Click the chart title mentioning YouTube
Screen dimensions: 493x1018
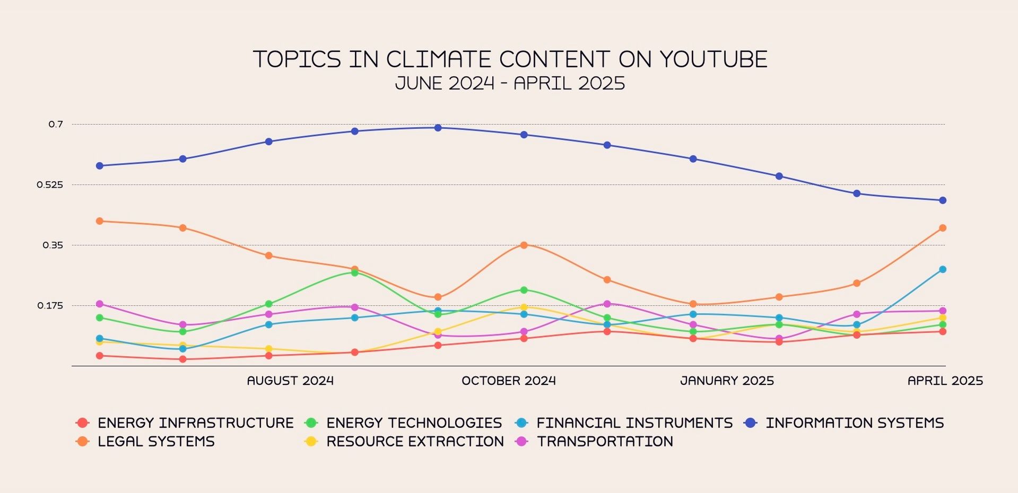(510, 59)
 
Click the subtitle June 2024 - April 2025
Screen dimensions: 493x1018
(510, 84)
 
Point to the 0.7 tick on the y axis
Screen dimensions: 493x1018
(56, 125)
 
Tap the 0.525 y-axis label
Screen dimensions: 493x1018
(50, 185)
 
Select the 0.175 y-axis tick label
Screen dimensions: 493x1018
(50, 306)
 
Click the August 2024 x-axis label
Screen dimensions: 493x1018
(290, 381)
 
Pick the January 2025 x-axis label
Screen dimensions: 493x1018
(727, 381)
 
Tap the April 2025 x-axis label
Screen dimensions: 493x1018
(945, 381)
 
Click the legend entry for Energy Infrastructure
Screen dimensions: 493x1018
(195, 423)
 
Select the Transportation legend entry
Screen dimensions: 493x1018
(605, 442)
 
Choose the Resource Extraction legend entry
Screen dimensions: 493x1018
(415, 442)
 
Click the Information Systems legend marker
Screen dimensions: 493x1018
(750, 423)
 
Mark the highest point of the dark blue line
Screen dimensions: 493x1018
(438, 128)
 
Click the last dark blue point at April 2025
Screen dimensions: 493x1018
(943, 200)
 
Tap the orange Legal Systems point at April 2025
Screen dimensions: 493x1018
(943, 228)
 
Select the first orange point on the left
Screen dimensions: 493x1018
(99, 221)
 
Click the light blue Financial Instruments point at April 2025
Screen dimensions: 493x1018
(943, 269)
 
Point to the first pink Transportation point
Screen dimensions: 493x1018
(99, 304)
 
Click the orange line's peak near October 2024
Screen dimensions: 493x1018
(524, 245)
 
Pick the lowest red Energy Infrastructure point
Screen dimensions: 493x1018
(182, 359)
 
